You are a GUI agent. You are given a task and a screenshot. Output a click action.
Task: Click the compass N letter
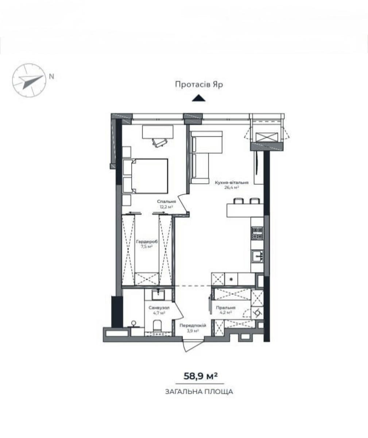point(51,77)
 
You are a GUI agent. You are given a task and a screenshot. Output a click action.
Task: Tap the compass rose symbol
point(29,81)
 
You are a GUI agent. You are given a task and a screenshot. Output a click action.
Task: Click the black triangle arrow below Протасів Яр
point(199,98)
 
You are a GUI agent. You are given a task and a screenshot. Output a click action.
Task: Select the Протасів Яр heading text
point(199,85)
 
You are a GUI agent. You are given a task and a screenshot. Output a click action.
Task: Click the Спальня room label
point(166,201)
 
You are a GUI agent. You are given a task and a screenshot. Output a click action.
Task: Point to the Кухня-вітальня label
point(232,182)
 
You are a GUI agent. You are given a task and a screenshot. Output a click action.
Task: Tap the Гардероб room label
point(147,242)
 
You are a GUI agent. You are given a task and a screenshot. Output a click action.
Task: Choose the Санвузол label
point(159,308)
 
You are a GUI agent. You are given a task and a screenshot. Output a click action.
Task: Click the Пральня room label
point(226,308)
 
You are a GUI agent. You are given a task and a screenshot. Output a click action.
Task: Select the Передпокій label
point(193,326)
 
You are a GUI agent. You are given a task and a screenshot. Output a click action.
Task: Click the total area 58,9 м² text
point(200,376)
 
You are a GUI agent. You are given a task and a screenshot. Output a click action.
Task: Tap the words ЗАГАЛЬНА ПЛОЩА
point(199,392)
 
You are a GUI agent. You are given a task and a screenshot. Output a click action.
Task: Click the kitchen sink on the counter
point(257,256)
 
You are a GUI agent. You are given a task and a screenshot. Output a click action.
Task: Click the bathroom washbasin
point(158,295)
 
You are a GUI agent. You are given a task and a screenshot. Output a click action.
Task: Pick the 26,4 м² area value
point(232,188)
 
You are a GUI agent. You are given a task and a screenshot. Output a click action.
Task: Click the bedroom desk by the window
point(158,132)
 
